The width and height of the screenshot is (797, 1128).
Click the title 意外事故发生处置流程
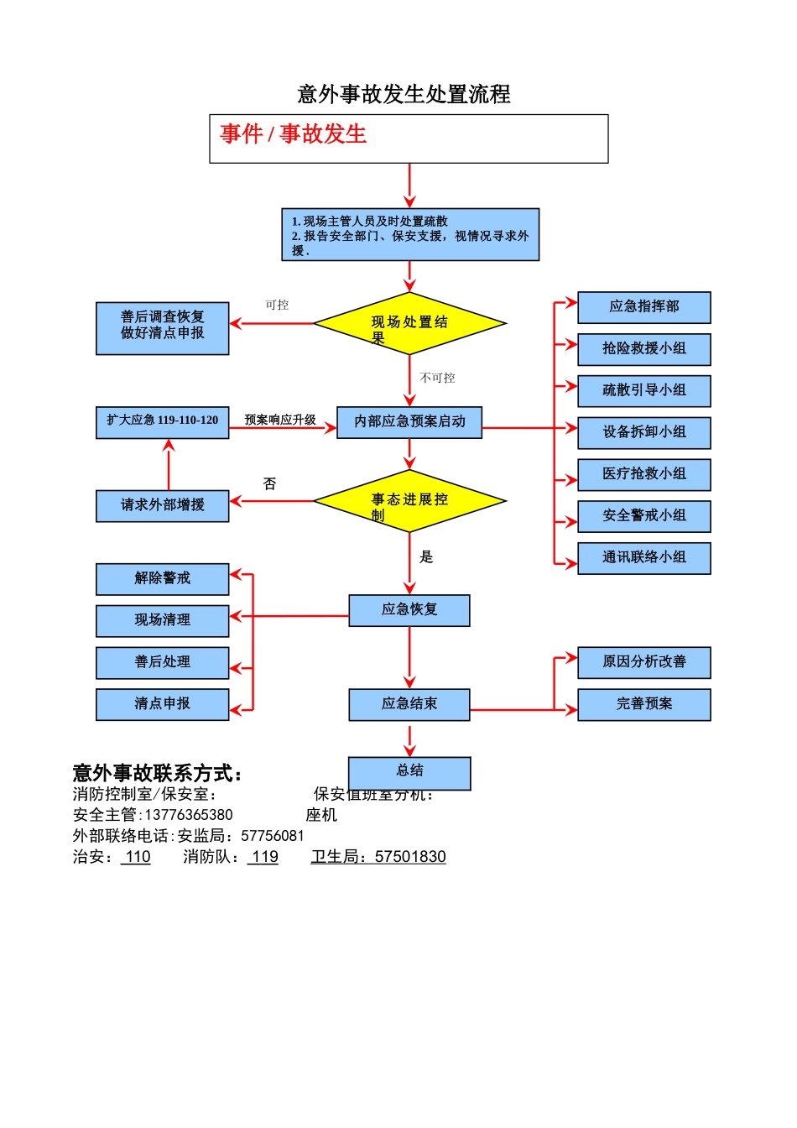404,94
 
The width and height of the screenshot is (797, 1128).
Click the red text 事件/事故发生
293,134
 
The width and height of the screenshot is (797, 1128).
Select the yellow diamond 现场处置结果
409,324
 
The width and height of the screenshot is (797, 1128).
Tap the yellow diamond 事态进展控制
409,502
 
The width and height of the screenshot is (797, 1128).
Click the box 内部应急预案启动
409,422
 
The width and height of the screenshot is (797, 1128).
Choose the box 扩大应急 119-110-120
162,421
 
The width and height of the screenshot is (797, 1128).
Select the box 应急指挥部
643,307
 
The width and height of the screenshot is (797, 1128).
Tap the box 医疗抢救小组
643,474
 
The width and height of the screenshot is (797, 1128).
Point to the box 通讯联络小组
643,558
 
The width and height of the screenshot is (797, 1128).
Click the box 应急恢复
409,610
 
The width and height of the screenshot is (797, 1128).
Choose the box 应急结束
409,704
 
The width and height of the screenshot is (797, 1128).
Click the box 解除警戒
162,579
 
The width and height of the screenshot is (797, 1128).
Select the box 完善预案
643,704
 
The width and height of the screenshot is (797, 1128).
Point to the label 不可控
437,379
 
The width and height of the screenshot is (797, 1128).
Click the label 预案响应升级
280,420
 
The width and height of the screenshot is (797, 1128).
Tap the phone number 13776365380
189,815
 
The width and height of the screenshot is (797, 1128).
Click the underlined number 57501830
410,857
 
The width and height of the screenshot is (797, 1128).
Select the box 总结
409,771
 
